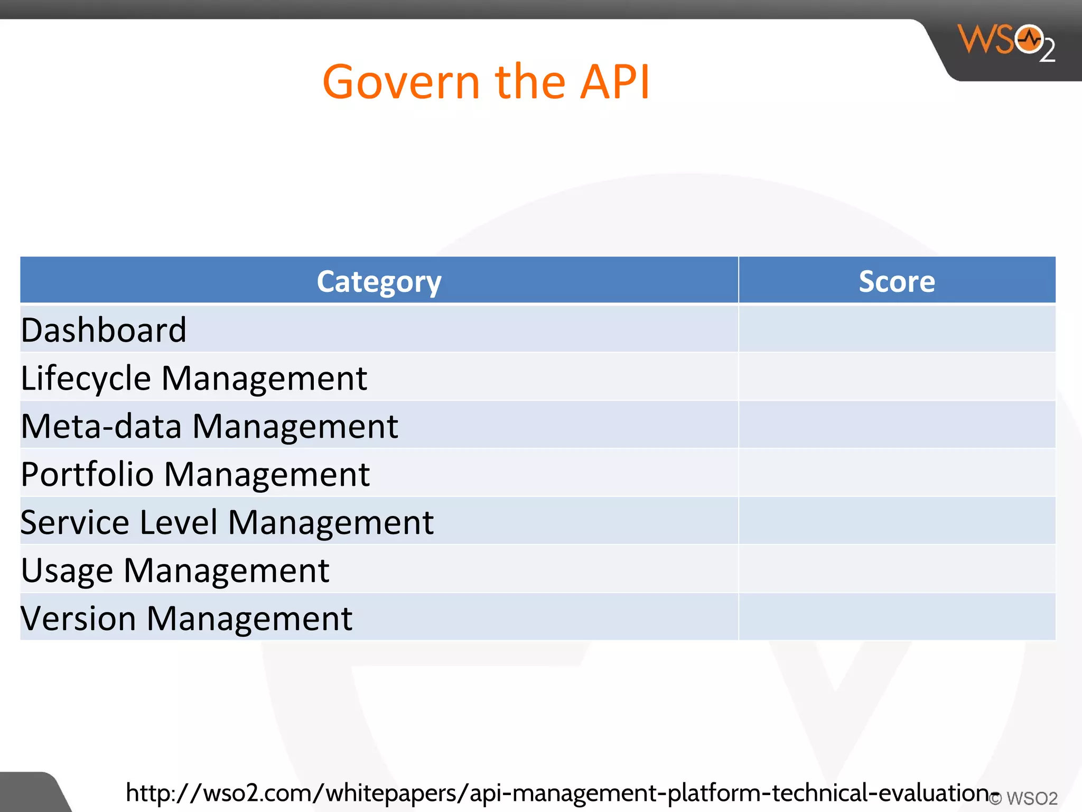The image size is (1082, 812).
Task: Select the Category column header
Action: [379, 281]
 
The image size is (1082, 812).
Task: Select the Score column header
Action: [897, 281]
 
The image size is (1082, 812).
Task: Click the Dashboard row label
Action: [104, 330]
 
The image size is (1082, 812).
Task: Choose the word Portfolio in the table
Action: [87, 474]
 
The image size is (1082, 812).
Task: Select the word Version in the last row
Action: [78, 619]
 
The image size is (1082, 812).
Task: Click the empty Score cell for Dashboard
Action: [897, 329]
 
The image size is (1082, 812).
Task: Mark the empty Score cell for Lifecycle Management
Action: [897, 377]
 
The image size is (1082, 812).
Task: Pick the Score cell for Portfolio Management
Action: [897, 473]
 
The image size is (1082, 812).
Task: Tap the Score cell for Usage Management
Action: [897, 569]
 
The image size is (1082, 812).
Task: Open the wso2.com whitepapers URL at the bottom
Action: [560, 793]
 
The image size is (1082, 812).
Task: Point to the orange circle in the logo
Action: [1029, 39]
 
